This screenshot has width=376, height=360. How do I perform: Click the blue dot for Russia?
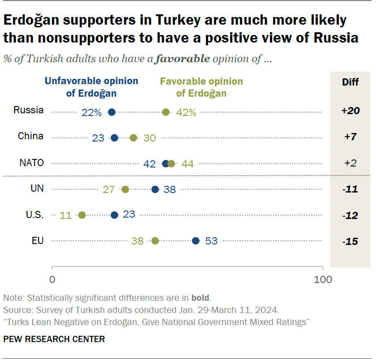click(112, 112)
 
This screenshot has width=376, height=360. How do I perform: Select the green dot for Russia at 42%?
click(166, 112)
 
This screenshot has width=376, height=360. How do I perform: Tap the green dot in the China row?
click(133, 137)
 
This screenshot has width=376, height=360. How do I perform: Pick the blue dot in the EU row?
click(196, 241)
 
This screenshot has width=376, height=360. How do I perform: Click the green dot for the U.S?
click(82, 215)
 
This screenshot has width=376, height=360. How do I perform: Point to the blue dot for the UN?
click(155, 189)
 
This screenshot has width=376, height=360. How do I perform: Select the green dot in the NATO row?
click(171, 163)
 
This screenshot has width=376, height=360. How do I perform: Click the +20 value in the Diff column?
click(350, 111)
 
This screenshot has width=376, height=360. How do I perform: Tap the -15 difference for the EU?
click(350, 241)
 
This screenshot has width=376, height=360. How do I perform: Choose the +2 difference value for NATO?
click(350, 163)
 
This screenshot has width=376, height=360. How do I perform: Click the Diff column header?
click(350, 82)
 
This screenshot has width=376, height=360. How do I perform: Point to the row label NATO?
click(31, 163)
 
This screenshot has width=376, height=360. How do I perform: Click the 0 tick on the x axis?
click(52, 280)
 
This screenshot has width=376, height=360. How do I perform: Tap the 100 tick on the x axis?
click(323, 280)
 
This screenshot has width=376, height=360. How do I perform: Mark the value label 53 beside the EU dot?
click(211, 241)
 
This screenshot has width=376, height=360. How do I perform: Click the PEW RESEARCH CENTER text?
click(54, 339)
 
